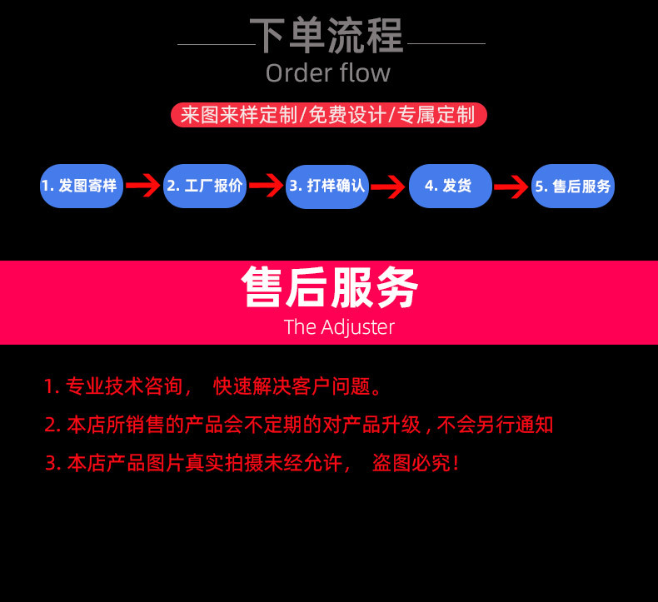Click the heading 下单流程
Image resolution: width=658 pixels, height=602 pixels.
(327, 36)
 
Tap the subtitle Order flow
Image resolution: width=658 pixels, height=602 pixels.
(327, 73)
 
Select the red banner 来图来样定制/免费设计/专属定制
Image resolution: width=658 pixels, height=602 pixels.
(327, 114)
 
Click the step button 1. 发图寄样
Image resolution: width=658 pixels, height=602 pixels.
(82, 186)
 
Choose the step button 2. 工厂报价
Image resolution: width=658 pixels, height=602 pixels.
(205, 186)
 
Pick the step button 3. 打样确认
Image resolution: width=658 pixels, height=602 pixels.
(327, 186)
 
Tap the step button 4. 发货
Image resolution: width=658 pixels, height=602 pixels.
(450, 186)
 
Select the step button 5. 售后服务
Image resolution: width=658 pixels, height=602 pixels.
(573, 186)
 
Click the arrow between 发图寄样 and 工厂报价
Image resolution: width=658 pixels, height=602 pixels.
(143, 186)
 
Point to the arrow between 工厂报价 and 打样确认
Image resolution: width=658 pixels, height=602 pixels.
(267, 186)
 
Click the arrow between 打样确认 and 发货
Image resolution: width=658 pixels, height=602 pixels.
(388, 186)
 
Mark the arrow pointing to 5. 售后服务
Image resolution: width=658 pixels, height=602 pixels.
(511, 186)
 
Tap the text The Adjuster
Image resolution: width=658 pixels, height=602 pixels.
(339, 326)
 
